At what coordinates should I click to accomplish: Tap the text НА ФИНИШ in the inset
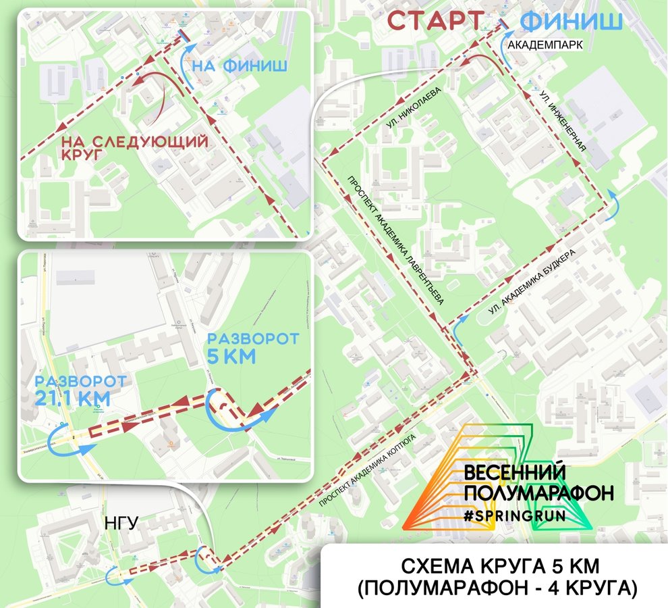click(x=240, y=66)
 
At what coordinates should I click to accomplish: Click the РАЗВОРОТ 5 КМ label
click(x=241, y=347)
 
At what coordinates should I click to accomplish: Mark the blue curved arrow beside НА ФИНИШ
click(x=190, y=61)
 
